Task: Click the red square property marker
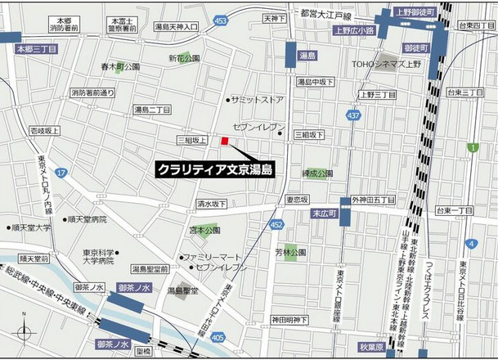224,140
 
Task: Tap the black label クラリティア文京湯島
215,169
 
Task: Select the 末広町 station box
323,213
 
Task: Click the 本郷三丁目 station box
36,49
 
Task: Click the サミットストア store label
256,99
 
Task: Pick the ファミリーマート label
210,256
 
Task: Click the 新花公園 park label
185,58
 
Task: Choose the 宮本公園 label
204,231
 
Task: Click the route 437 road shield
352,116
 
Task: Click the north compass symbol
28,333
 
